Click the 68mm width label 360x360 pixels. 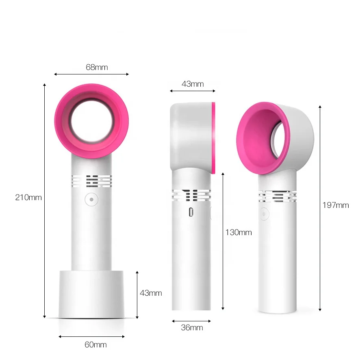[97, 67]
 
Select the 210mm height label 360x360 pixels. [28, 197]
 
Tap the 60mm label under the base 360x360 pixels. [95, 345]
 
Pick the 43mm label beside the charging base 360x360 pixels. [151, 293]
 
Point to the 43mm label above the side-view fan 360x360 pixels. [192, 84]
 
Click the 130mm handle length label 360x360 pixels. [239, 232]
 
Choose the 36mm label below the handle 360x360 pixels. [191, 327]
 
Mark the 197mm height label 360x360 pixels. [336, 205]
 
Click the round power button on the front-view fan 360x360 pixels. [91, 200]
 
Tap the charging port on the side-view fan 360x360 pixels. [191, 212]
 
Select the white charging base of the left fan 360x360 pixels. [91, 294]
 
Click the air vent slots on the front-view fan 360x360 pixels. [91, 181]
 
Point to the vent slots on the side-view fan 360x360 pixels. [191, 196]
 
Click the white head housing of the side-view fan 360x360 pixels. [190, 134]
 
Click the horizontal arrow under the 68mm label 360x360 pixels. [91, 74]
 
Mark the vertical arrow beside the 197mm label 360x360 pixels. [320, 207]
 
